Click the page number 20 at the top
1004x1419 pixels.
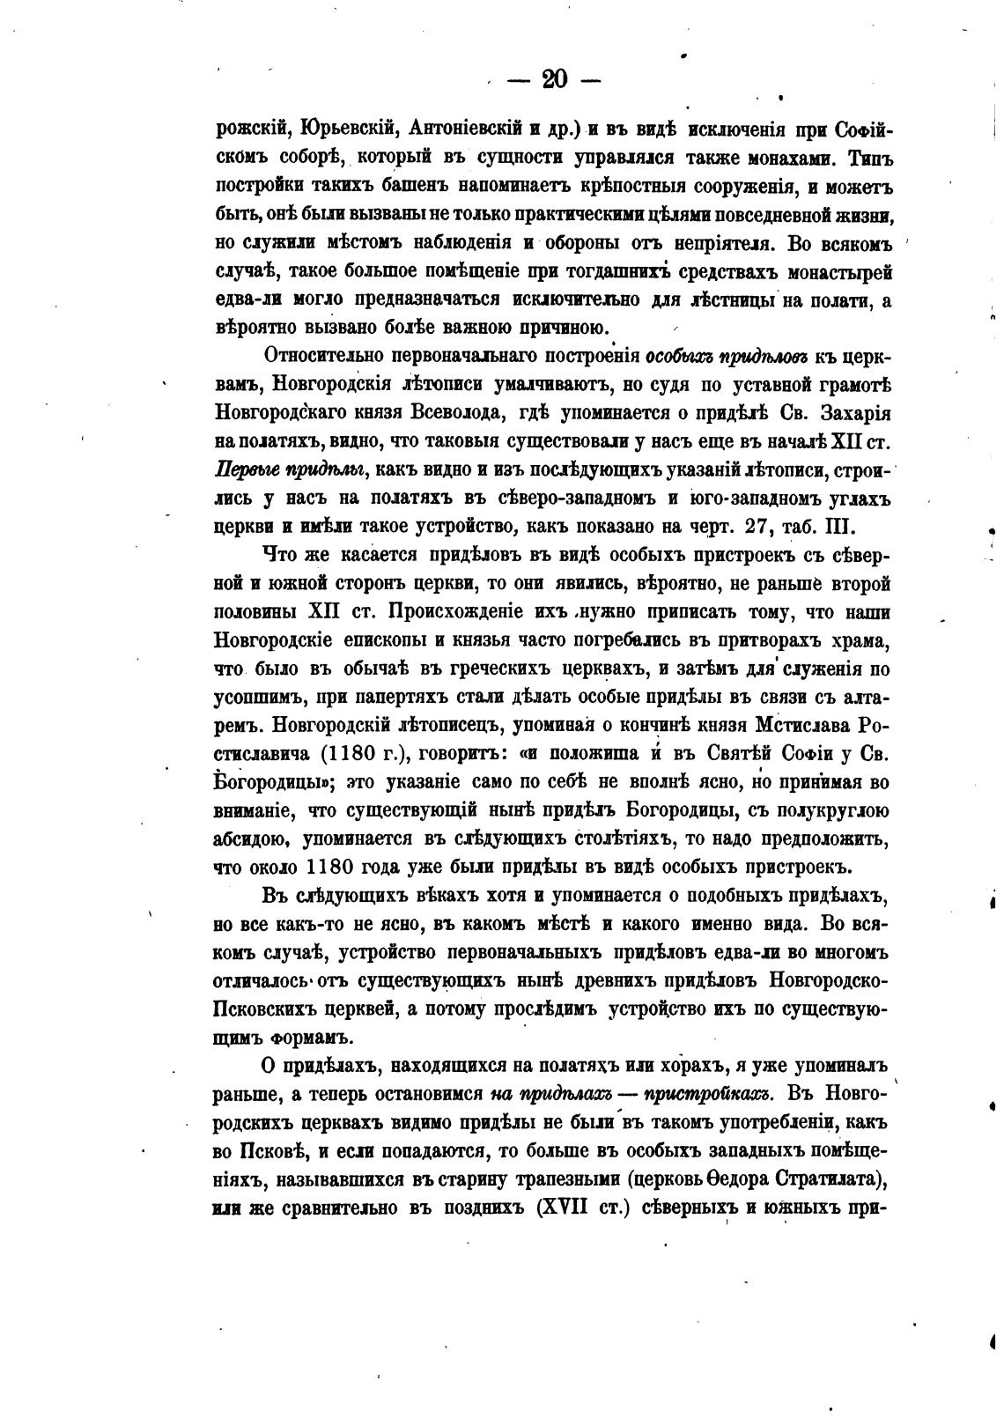pyautogui.click(x=555, y=80)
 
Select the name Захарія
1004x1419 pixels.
pyautogui.click(x=855, y=413)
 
